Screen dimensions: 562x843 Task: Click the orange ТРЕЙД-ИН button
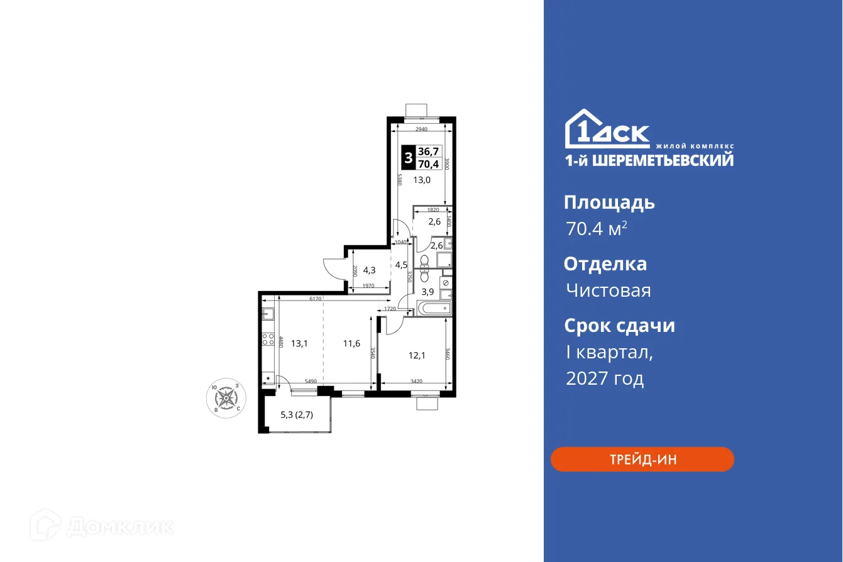pyautogui.click(x=642, y=459)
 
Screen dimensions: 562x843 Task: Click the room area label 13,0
pyautogui.click(x=422, y=179)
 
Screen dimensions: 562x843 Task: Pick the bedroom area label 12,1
pyautogui.click(x=417, y=355)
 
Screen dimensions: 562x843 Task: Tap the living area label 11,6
pyautogui.click(x=352, y=343)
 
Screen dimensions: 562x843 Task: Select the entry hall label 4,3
pyautogui.click(x=369, y=270)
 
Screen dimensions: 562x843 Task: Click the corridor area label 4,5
pyautogui.click(x=401, y=265)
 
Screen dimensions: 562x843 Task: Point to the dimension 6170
pyautogui.click(x=315, y=299)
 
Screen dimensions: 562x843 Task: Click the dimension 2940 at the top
pyautogui.click(x=421, y=129)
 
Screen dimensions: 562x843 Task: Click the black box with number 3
pyautogui.click(x=409, y=158)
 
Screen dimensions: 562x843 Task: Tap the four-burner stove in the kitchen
pyautogui.click(x=268, y=341)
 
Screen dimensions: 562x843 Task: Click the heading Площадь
pyautogui.click(x=609, y=202)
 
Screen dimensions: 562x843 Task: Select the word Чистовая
pyautogui.click(x=608, y=290)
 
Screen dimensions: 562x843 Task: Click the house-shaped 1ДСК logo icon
pyautogui.click(x=582, y=130)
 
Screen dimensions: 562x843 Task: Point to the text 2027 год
pyautogui.click(x=605, y=378)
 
